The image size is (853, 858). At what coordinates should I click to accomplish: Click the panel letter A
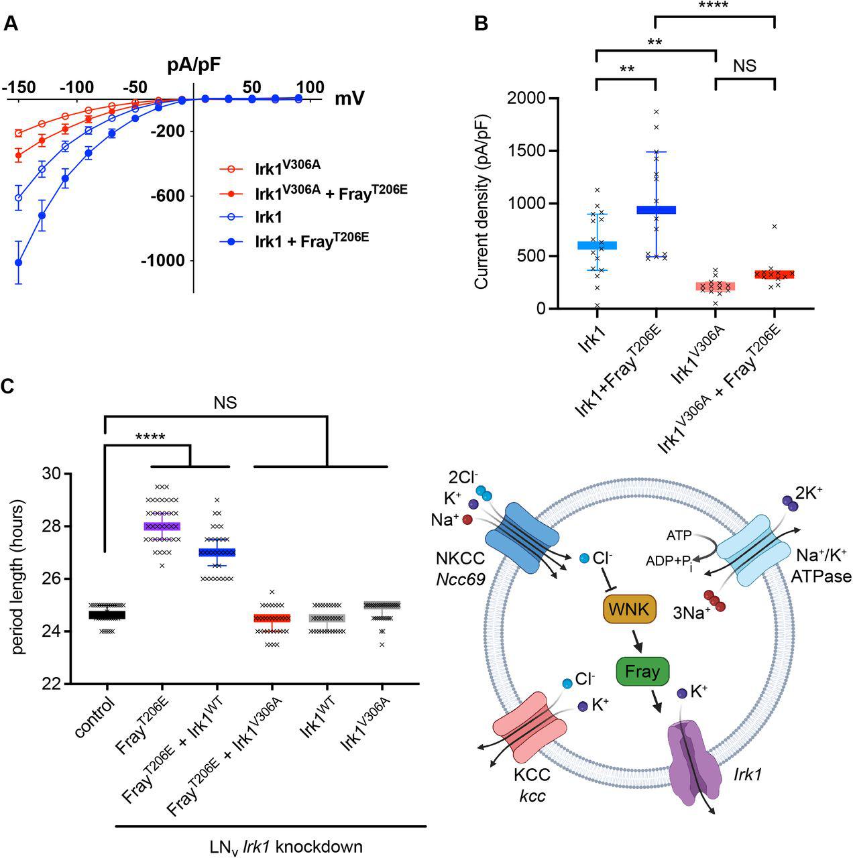pyautogui.click(x=11, y=24)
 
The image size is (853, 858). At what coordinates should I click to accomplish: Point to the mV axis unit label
pyautogui.click(x=350, y=99)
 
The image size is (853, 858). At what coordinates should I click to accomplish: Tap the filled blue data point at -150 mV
pyautogui.click(x=19, y=263)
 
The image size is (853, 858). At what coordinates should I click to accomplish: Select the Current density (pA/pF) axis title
pyautogui.click(x=481, y=204)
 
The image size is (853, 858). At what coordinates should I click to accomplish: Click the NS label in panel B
pyautogui.click(x=745, y=65)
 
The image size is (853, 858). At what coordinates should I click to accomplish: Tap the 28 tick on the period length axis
pyautogui.click(x=50, y=526)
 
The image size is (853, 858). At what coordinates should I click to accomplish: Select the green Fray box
pyautogui.click(x=642, y=671)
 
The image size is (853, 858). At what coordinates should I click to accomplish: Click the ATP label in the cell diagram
pyautogui.click(x=679, y=536)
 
